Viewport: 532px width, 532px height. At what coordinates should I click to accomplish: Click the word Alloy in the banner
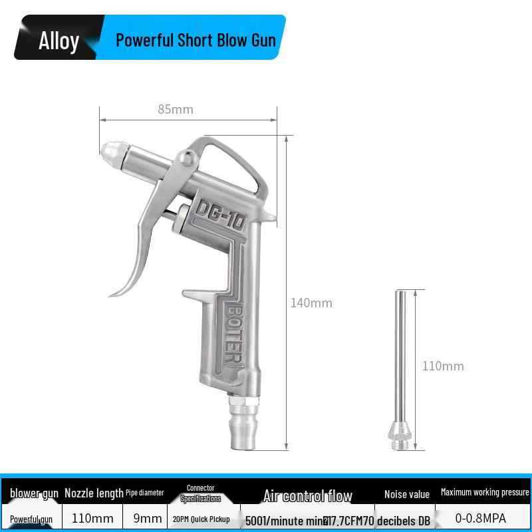pos(59,41)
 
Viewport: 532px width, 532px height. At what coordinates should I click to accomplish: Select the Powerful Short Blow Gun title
pos(196,40)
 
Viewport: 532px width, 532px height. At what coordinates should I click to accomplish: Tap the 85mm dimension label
pos(176,109)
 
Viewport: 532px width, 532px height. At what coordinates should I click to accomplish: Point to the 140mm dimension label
pos(311,303)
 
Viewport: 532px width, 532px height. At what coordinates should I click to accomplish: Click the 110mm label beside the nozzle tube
pos(443,366)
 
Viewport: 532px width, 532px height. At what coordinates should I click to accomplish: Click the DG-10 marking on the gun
pos(221,214)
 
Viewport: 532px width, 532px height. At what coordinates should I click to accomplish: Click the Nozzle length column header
pos(94,493)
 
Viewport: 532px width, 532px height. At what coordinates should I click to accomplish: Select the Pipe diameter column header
pos(144,493)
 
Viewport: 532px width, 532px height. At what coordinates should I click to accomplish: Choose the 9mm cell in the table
pos(147,518)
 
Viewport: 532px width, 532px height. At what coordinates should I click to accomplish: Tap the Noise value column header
pos(406,494)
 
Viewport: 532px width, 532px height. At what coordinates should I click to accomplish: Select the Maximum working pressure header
pos(485,492)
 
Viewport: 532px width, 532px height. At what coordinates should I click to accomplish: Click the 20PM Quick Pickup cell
pos(201,519)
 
